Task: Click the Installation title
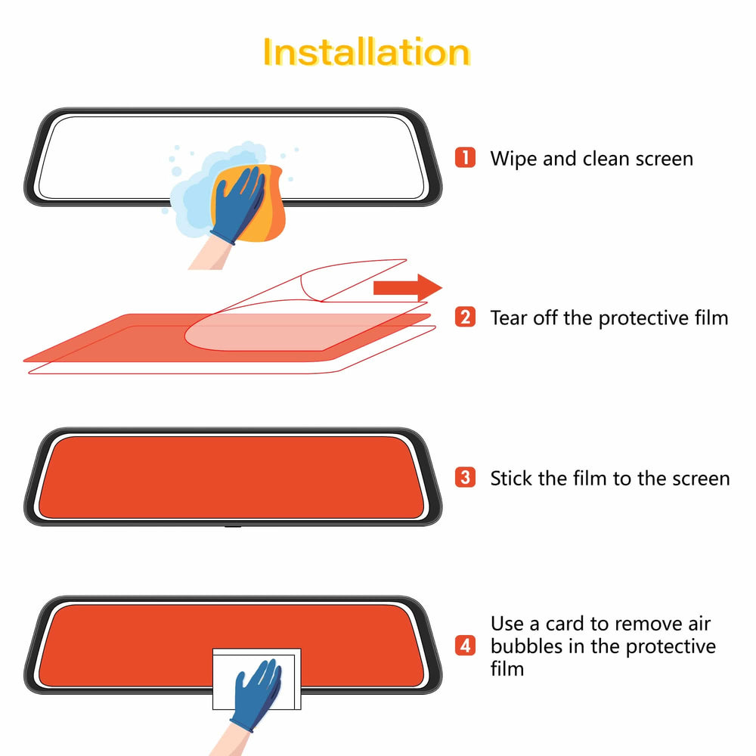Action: point(367,52)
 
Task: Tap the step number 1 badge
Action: point(466,158)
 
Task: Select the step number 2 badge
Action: point(466,317)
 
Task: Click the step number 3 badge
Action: point(466,478)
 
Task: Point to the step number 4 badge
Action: point(466,646)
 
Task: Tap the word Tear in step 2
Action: point(507,318)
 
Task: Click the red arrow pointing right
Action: point(407,288)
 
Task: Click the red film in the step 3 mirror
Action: point(227,476)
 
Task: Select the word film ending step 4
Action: point(507,668)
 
